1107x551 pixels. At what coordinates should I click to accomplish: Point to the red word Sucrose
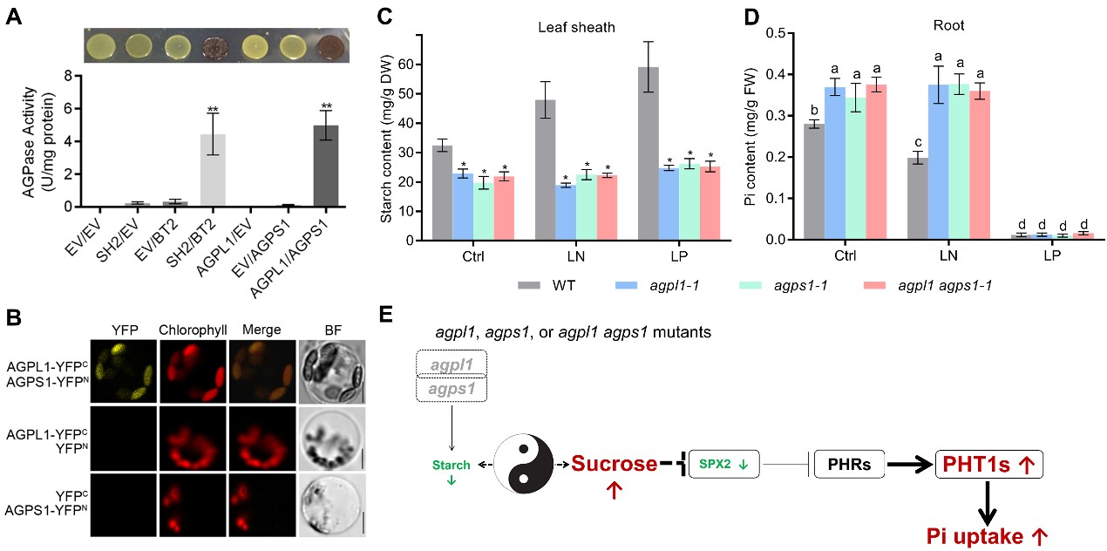[x=615, y=464]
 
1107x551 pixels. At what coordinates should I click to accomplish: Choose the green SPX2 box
[x=723, y=464]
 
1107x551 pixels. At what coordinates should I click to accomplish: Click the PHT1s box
[x=988, y=464]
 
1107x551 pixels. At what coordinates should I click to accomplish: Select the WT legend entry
[x=546, y=284]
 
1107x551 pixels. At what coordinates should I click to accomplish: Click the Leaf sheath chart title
[x=576, y=27]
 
